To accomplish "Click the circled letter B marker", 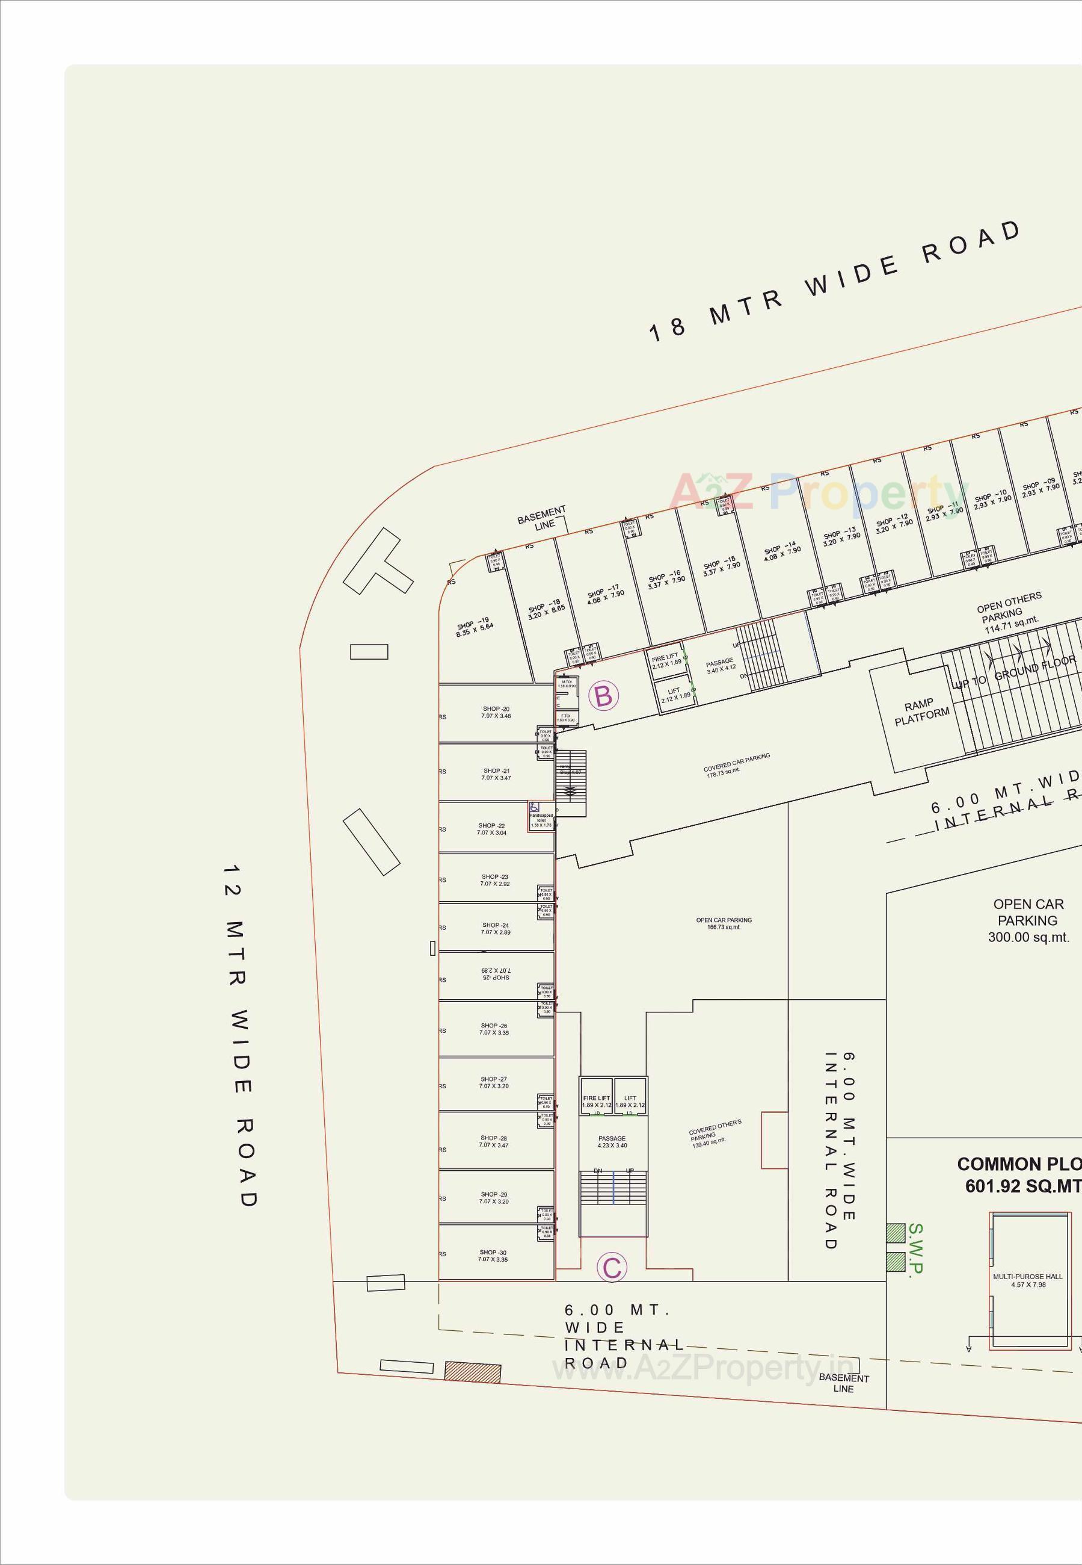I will tap(603, 696).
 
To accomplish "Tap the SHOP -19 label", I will tap(474, 626).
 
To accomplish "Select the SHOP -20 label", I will tap(496, 712).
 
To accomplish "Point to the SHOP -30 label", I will tap(493, 1256).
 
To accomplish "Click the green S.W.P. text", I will tap(915, 1249).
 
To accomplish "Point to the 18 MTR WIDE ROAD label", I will tap(834, 281).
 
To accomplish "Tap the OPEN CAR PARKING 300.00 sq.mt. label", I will tap(1028, 920).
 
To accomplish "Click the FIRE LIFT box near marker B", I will tap(666, 660).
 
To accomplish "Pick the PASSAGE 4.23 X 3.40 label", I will tap(612, 1142).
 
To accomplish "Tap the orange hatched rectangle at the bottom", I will tap(473, 1372).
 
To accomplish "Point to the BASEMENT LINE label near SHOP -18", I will tap(542, 518).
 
